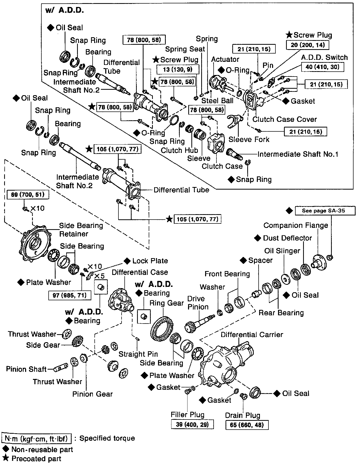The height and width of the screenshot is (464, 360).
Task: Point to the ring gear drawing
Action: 163,330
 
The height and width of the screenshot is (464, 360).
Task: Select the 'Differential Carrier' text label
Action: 252,335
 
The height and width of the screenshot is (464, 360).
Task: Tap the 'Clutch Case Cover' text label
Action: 284,119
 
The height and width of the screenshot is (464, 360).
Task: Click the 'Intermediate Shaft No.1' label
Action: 298,154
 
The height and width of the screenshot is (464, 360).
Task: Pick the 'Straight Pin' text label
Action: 138,354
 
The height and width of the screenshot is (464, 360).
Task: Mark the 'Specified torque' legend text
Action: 107,438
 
